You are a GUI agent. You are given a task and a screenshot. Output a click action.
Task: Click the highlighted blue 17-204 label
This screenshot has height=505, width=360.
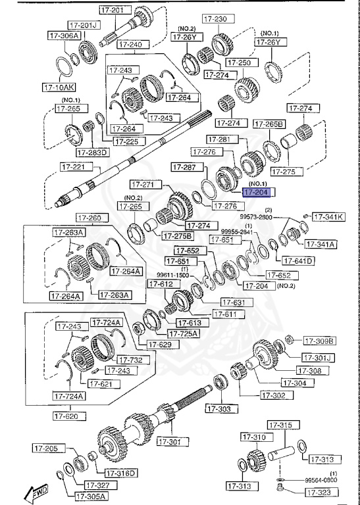[x=259, y=192]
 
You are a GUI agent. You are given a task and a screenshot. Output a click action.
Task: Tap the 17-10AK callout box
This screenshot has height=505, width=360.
[x=59, y=86]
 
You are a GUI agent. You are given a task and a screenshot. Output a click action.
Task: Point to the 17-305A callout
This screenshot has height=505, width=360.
[x=91, y=496]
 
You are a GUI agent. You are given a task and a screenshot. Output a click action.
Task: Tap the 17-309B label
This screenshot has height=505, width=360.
[x=319, y=341]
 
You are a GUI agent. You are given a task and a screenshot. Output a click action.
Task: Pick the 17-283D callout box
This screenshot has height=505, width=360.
[x=92, y=152]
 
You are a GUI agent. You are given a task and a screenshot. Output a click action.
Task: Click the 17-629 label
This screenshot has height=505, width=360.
[x=159, y=344]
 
